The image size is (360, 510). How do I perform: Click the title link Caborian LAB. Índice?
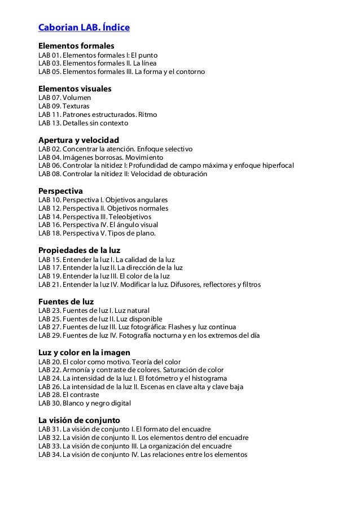click(x=84, y=27)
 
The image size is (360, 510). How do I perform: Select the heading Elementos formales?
click(x=76, y=45)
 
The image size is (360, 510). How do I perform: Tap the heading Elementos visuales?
click(x=74, y=89)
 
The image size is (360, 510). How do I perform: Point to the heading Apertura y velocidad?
click(x=78, y=140)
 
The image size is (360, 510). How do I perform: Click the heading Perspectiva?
click(x=60, y=191)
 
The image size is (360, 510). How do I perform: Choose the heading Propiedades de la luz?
click(x=79, y=250)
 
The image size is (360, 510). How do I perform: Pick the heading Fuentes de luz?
click(x=65, y=301)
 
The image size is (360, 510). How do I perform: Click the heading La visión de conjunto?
click(x=79, y=420)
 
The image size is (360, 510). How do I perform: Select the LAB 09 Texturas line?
click(x=64, y=106)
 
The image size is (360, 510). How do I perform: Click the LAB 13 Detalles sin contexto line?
click(x=83, y=123)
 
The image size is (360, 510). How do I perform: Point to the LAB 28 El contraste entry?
click(x=68, y=395)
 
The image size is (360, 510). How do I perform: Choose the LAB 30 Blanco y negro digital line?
click(x=84, y=403)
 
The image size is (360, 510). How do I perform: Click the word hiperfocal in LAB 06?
click(x=276, y=165)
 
